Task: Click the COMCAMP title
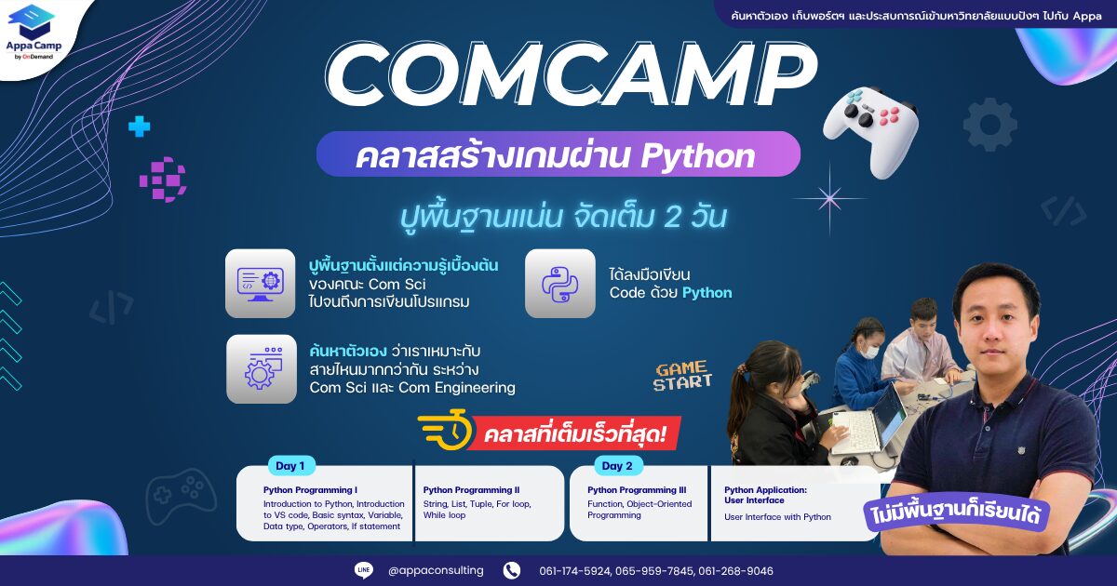[x=572, y=75]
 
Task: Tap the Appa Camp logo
[x=34, y=32]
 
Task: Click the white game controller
[x=870, y=130]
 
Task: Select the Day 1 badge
[x=290, y=466]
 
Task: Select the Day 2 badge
[x=617, y=466]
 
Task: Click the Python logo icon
[x=560, y=284]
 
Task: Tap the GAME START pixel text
[x=682, y=376]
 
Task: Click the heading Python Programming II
[x=471, y=490]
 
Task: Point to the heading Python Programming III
[x=637, y=490]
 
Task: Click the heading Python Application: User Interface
[x=765, y=495]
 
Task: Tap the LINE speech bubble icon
[x=364, y=570]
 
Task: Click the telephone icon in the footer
[x=512, y=570]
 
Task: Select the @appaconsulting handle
[x=436, y=570]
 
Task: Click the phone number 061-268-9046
[x=736, y=571]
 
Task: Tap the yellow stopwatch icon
[x=445, y=430]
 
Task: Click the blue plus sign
[x=139, y=127]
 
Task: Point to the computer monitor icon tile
[x=261, y=284]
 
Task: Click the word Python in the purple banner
[x=697, y=155]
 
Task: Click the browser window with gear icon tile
[x=262, y=368]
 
